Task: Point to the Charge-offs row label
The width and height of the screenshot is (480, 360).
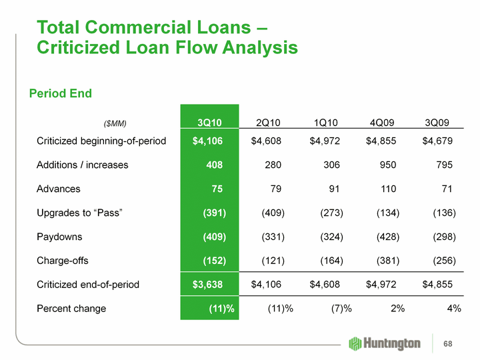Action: pos(63,261)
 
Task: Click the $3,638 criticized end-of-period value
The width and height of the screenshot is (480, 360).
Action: pos(208,285)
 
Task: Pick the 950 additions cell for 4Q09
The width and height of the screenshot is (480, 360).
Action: pos(387,165)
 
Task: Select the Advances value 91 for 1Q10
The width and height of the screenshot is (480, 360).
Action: pos(335,189)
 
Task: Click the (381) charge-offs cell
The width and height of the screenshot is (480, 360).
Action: pos(387,261)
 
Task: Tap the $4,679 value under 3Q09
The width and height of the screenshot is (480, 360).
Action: pos(438,141)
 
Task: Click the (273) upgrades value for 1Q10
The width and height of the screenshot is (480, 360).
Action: pos(329,213)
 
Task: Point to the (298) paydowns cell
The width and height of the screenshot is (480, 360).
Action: pos(443,237)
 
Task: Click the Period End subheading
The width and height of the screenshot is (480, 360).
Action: pos(61,93)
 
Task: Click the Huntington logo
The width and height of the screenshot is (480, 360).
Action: pos(384,343)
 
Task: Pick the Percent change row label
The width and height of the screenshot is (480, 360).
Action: pos(71,309)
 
